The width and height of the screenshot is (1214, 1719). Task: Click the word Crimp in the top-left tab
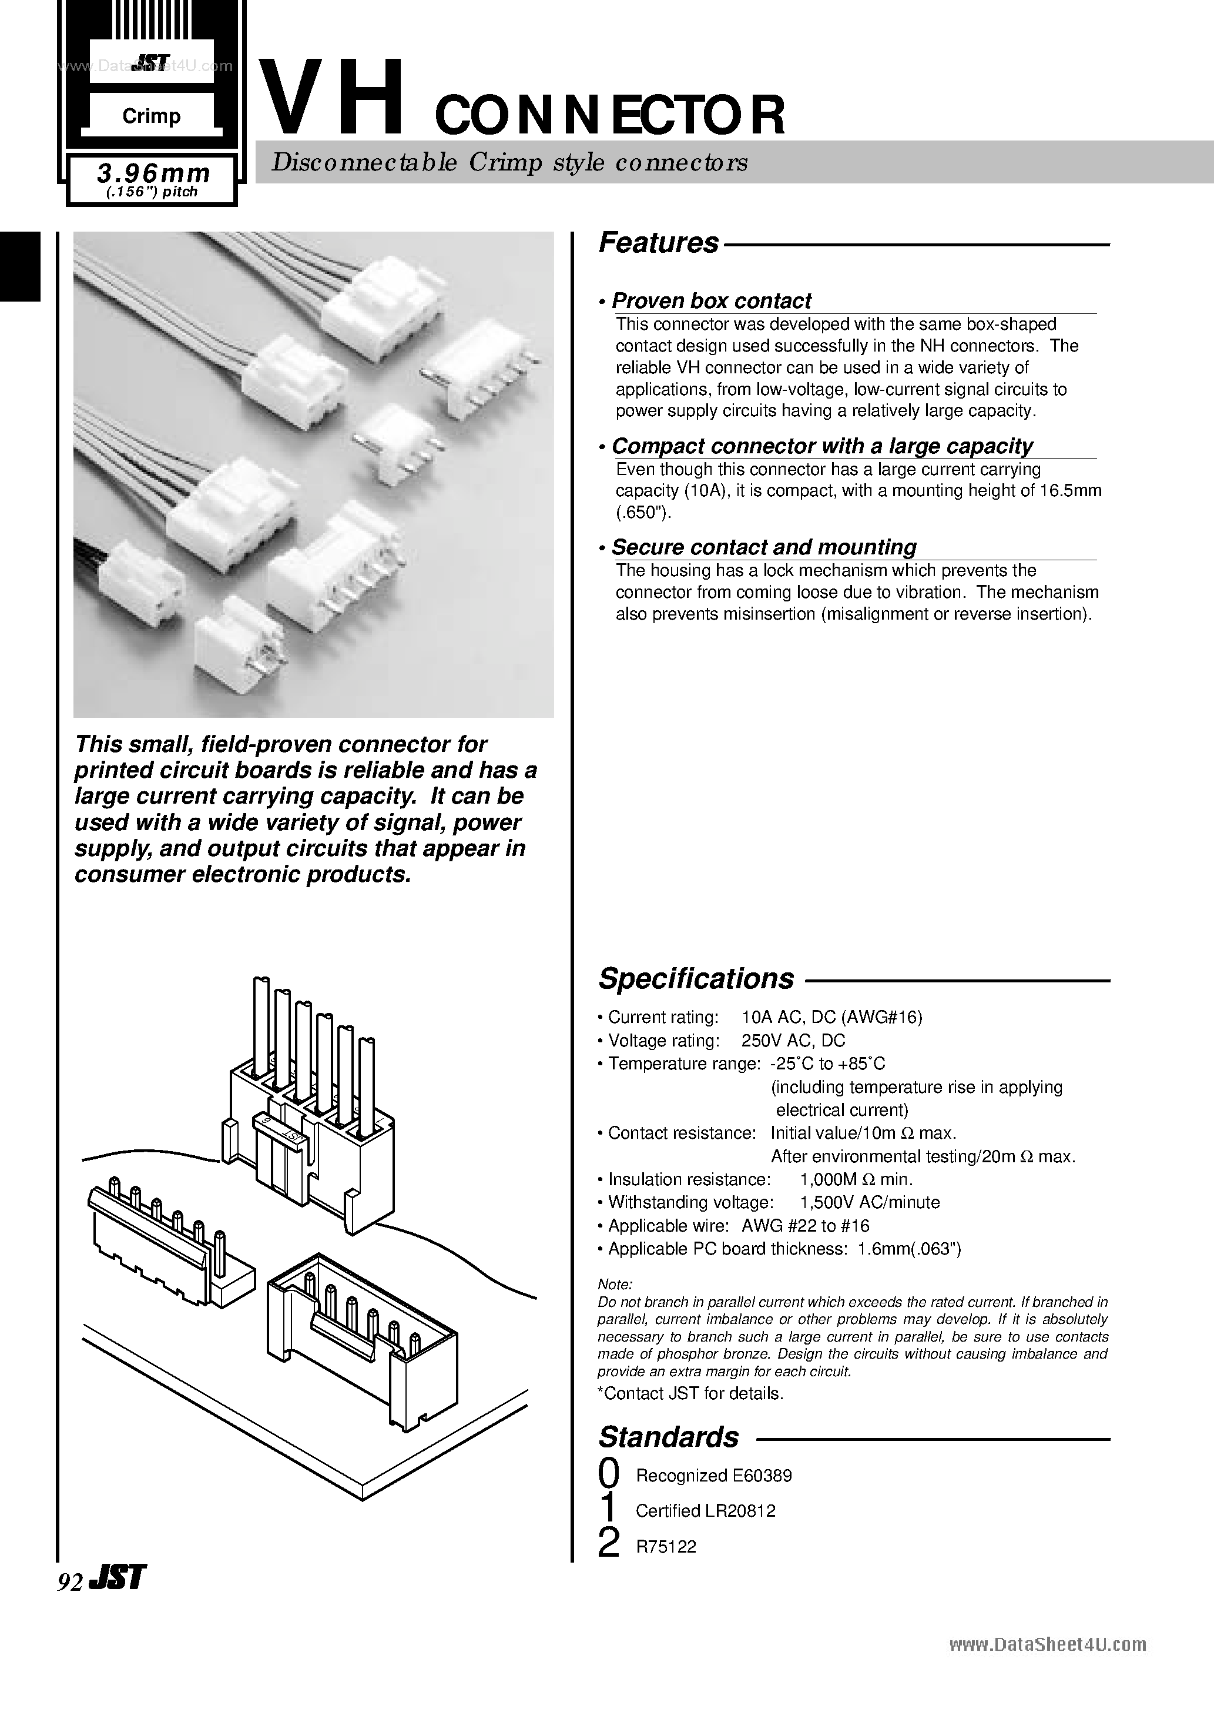click(151, 116)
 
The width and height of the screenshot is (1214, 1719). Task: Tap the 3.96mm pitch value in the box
click(153, 173)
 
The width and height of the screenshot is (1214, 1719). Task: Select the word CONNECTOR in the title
click(610, 116)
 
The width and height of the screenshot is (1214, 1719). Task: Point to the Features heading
click(659, 243)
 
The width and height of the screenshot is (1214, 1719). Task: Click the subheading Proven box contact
click(711, 301)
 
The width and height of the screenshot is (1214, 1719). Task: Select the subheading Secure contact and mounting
click(763, 547)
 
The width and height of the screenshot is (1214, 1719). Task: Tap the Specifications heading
click(696, 978)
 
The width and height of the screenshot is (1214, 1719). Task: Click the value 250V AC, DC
click(793, 1040)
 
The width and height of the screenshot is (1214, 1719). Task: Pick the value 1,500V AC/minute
click(870, 1202)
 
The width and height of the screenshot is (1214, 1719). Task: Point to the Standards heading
click(668, 1437)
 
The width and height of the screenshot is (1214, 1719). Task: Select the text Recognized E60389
click(713, 1476)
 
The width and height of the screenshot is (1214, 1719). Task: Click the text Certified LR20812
click(705, 1511)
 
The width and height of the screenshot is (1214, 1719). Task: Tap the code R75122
click(666, 1547)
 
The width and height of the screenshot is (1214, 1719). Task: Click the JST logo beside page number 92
click(117, 1578)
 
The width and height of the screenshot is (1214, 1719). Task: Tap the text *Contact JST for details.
click(690, 1393)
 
